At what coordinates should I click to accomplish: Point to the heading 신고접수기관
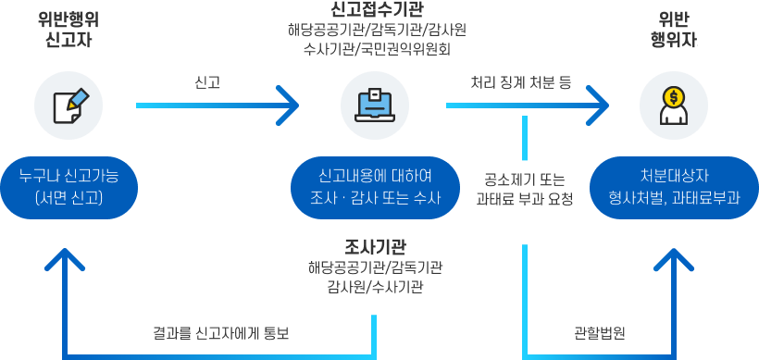[378, 9]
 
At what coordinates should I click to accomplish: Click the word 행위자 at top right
[670, 42]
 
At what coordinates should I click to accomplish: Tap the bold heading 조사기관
[375, 246]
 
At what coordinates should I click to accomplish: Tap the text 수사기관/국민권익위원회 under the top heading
[377, 48]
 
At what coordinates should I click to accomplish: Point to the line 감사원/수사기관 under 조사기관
[375, 288]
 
